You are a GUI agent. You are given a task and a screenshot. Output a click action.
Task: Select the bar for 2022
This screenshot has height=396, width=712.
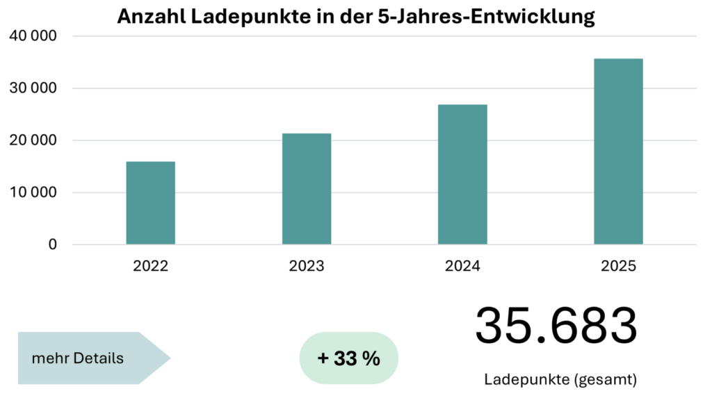(150, 203)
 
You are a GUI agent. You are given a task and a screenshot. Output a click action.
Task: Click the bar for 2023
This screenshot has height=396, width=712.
(307, 189)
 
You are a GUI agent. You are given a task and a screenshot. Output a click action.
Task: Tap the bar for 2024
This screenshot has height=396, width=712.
(462, 174)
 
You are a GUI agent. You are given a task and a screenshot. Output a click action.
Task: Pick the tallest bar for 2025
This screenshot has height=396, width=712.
(618, 151)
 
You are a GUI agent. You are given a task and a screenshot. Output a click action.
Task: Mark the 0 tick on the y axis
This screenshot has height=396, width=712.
(53, 245)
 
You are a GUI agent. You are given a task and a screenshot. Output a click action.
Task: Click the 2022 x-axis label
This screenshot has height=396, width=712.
(150, 266)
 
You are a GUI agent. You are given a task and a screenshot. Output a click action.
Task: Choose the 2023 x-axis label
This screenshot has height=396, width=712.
(307, 266)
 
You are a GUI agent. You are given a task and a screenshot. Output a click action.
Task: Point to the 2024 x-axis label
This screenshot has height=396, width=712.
(462, 266)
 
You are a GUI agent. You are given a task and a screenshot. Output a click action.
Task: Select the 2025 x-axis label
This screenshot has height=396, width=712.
(618, 266)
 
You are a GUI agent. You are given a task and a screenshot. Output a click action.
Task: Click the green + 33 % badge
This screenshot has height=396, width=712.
(348, 358)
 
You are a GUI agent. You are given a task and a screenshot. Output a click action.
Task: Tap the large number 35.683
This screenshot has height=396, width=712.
(556, 326)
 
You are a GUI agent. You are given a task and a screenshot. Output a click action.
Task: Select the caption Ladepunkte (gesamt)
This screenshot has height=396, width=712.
(560, 380)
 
